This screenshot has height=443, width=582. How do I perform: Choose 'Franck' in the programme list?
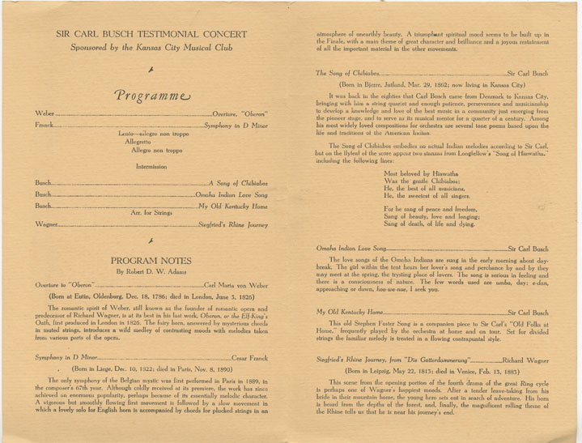coord(47,126)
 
